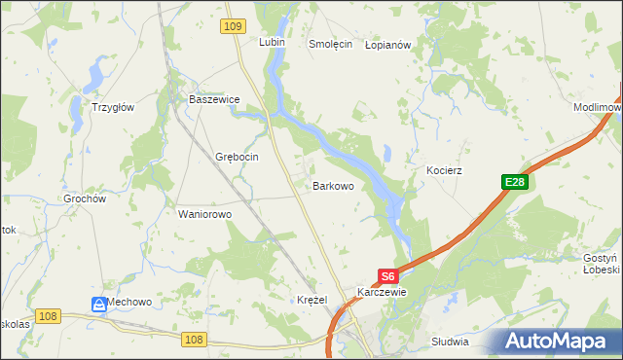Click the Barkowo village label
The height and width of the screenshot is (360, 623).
332,185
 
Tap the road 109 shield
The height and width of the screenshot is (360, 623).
232,27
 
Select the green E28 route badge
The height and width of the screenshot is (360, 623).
515,182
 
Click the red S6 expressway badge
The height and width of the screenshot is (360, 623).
387,275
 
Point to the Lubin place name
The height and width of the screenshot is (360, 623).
271,43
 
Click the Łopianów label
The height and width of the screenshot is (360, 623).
390,44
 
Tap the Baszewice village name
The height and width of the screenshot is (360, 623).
213,99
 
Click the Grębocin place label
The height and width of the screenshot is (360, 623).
236,157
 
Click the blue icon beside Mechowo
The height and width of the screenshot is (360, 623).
99,304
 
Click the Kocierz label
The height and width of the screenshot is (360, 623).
444,170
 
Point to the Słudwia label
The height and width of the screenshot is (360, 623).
450,342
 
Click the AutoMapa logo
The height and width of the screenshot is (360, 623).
556,342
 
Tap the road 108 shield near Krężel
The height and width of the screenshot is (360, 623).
194,339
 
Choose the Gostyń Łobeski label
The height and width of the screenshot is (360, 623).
601,264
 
